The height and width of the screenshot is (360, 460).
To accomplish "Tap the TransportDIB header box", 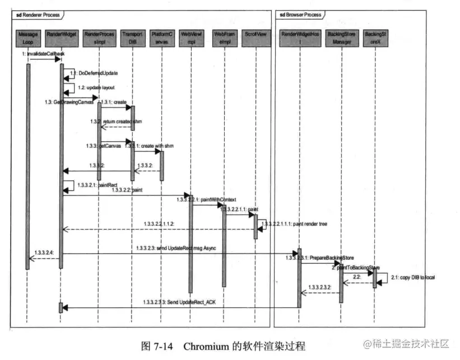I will (x=131, y=38).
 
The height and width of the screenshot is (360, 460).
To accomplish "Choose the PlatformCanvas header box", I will (x=162, y=38).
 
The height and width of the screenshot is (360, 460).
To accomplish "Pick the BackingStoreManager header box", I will (x=341, y=38).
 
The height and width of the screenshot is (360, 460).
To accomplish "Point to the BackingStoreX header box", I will (x=374, y=38).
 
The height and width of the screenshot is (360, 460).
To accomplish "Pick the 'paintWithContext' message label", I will (x=215, y=199).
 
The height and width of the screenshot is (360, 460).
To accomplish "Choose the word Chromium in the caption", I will (x=207, y=345).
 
